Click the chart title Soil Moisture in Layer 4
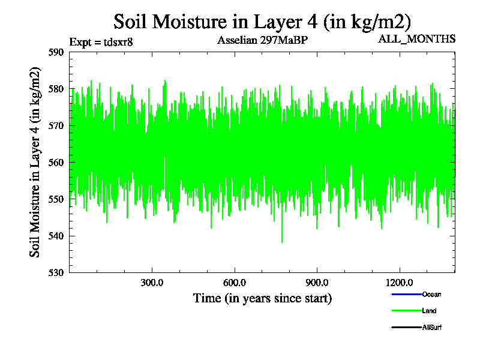pos(262,22)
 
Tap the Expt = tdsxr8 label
pos(101,42)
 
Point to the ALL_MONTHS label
pos(416,39)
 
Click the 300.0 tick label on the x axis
pos(152,283)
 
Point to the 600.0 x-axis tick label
pos(235,283)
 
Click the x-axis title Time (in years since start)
pos(262,298)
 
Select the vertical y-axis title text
pos(36,162)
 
